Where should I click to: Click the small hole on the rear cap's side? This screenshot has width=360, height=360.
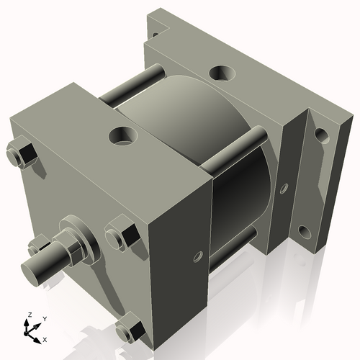click(x=284, y=189)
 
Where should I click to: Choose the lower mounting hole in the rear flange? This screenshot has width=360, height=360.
click(x=304, y=232)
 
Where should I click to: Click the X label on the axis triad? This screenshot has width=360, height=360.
click(x=45, y=338)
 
